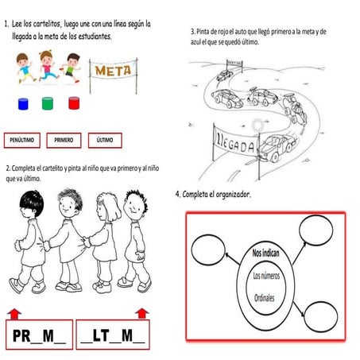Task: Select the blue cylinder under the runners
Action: (x=23, y=105)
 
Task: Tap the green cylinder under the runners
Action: (x=48, y=104)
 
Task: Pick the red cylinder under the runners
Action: (x=74, y=104)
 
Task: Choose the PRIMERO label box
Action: (x=64, y=140)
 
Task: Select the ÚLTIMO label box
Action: (x=105, y=140)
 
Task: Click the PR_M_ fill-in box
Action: (x=39, y=336)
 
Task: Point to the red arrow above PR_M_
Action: (x=14, y=312)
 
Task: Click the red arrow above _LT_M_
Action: (x=142, y=312)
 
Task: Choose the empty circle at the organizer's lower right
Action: (x=319, y=315)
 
